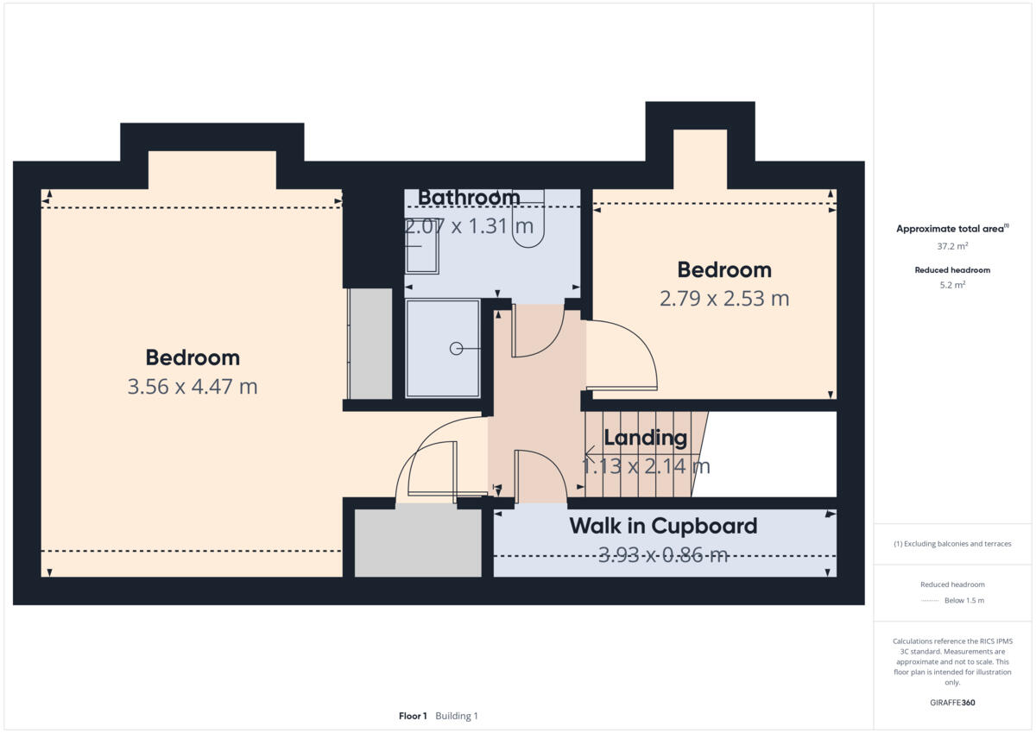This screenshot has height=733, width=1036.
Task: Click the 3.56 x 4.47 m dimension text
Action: tap(192, 387)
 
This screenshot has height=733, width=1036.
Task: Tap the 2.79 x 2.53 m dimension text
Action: tap(723, 299)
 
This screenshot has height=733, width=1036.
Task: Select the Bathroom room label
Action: tap(469, 198)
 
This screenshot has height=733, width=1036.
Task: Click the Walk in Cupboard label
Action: tap(662, 526)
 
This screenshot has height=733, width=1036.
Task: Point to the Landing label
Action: tap(645, 438)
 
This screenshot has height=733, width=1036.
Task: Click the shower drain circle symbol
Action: tap(455, 349)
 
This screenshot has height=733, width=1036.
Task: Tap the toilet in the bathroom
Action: tap(527, 221)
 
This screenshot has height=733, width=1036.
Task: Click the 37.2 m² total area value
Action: tap(952, 246)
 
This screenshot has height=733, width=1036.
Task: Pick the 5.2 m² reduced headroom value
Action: tap(952, 284)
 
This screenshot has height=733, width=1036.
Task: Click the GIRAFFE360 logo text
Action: tap(952, 703)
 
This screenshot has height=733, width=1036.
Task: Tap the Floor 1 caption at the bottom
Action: tap(413, 716)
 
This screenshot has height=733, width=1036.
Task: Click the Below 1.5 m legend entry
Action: tap(963, 600)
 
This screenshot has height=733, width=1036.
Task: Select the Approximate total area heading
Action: tap(951, 229)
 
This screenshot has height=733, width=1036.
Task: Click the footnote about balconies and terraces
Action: tap(952, 544)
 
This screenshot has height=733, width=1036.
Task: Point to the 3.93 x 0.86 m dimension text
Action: tap(662, 555)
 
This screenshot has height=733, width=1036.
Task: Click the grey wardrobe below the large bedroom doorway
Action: tap(418, 542)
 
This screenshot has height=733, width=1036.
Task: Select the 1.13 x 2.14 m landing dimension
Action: tap(645, 467)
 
